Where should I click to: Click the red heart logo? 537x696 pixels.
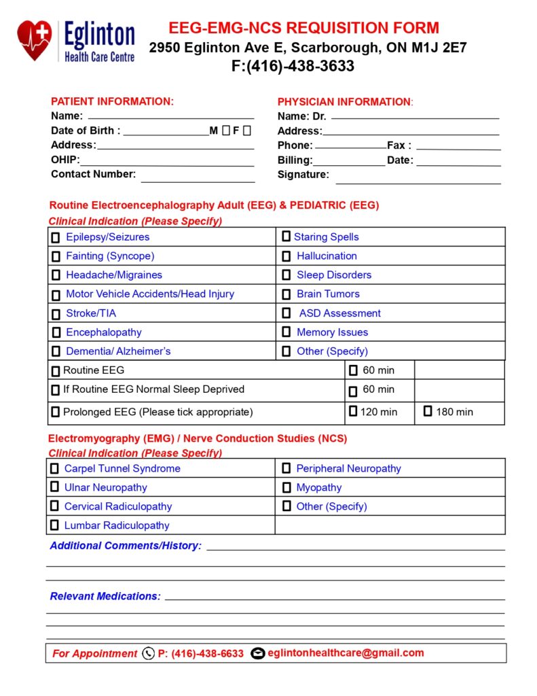[35, 39]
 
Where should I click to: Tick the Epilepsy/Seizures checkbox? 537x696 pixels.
[56, 238]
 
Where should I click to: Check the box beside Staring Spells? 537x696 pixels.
[286, 237]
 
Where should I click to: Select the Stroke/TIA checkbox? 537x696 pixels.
[56, 314]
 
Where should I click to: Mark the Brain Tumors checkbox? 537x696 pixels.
[286, 294]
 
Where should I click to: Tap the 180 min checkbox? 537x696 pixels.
[428, 411]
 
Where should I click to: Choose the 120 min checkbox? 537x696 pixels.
[353, 411]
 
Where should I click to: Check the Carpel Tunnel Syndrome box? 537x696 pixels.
[54, 468]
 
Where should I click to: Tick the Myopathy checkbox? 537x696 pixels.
[286, 487]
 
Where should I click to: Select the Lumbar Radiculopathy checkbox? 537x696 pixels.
[54, 525]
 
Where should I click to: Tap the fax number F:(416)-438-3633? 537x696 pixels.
[293, 67]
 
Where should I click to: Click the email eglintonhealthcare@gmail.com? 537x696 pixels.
[346, 653]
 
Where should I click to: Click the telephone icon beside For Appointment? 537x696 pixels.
[149, 654]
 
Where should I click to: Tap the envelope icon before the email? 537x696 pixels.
[257, 654]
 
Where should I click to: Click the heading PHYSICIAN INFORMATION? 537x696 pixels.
[344, 102]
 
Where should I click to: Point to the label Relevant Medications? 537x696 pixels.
[105, 596]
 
